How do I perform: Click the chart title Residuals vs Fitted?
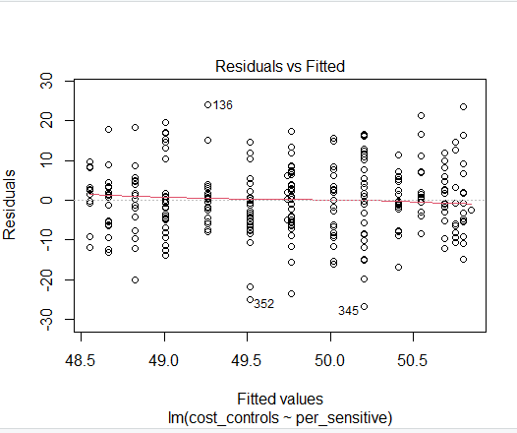point(279,66)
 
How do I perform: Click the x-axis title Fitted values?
point(279,400)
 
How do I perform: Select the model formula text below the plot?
point(279,417)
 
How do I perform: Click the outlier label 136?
point(223,105)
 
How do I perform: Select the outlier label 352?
point(263,304)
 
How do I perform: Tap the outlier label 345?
point(348,311)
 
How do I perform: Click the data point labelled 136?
point(207,104)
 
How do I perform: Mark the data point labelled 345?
point(364,307)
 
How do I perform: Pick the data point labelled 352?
point(250,300)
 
